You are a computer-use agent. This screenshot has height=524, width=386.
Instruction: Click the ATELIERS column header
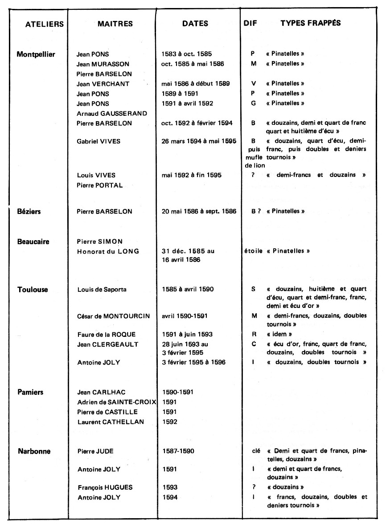(44, 25)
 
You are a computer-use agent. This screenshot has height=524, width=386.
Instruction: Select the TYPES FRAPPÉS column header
(310, 23)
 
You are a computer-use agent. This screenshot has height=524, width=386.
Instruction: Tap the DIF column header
(251, 23)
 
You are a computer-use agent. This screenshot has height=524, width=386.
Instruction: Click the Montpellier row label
(36, 54)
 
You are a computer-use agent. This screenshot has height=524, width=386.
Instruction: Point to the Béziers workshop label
(29, 211)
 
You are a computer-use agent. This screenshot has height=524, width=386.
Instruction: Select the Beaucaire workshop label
(33, 242)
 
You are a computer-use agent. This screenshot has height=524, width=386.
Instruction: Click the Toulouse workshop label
(33, 289)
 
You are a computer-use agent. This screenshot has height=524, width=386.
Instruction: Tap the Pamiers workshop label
(31, 392)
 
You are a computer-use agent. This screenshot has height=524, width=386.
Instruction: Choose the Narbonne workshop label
(34, 451)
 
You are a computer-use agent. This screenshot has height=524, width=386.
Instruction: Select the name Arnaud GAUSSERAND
(112, 114)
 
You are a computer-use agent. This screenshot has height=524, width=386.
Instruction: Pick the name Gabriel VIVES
(99, 141)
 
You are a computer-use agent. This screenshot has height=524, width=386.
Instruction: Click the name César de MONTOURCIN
(115, 316)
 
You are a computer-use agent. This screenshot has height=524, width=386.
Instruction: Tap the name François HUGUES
(105, 487)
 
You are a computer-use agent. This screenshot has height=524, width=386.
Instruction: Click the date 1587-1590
(178, 451)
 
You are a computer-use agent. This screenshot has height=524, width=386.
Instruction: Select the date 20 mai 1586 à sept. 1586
(199, 211)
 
